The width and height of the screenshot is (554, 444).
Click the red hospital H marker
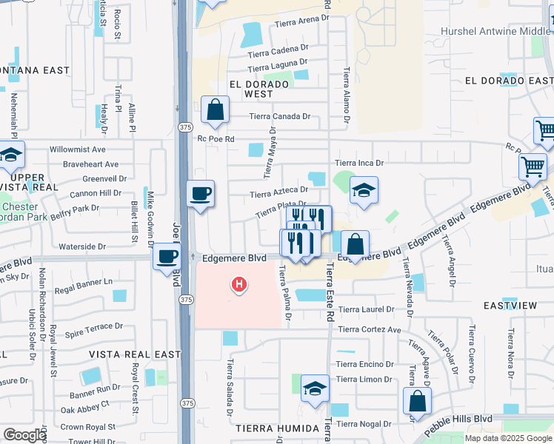(x=238, y=284)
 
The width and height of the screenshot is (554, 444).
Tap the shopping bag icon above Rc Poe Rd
(x=214, y=110)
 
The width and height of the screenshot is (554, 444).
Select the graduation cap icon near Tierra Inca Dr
(x=364, y=191)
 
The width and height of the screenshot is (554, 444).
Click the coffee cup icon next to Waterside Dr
(x=167, y=258)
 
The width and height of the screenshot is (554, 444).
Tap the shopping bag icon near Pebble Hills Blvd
(x=417, y=401)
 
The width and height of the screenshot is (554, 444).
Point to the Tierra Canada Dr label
(x=279, y=116)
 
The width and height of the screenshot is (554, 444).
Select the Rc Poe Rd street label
(x=216, y=138)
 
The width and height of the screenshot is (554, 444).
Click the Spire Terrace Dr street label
(x=93, y=326)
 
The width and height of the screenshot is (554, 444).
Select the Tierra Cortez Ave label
(x=369, y=330)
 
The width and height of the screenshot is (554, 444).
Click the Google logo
(x=24, y=435)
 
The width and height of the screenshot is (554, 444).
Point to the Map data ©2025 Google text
(x=508, y=438)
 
